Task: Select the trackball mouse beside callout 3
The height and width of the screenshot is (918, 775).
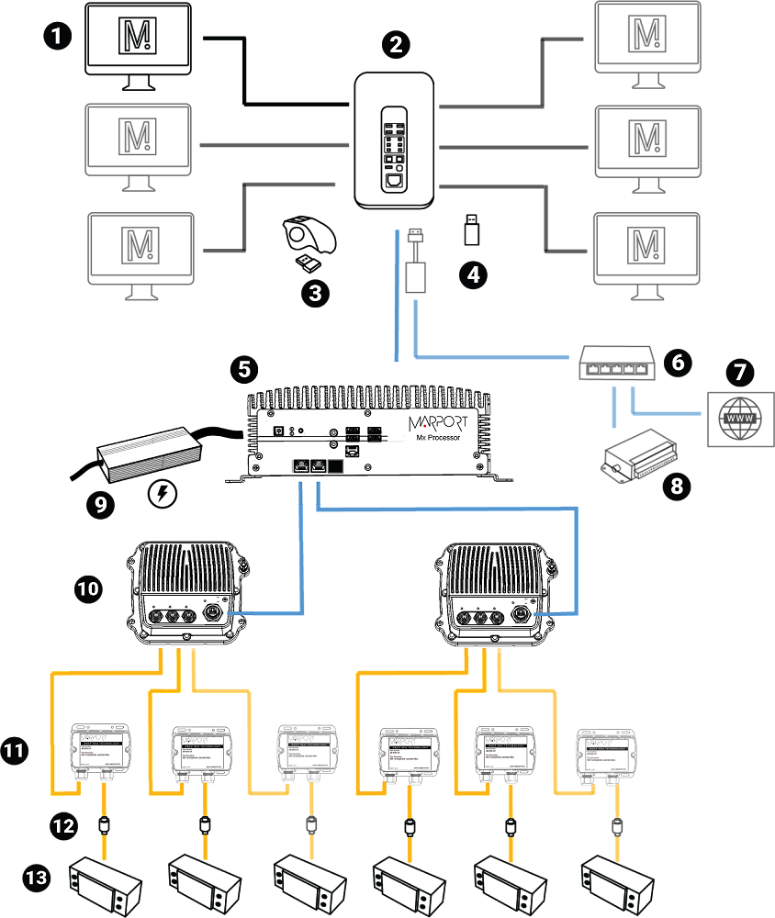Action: pos(310,235)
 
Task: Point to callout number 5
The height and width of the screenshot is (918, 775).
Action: pos(243,368)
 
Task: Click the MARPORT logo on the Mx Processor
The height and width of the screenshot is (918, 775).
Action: pos(434,424)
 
